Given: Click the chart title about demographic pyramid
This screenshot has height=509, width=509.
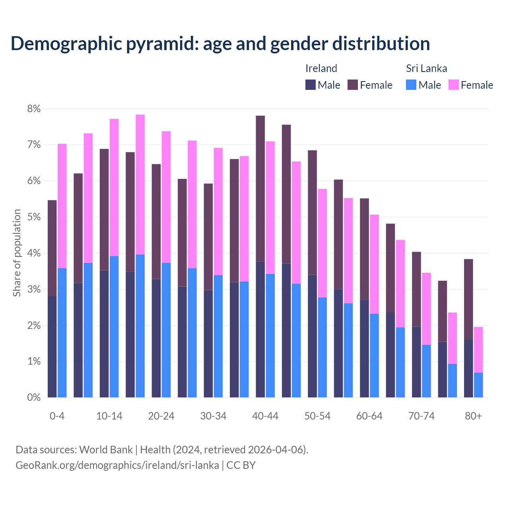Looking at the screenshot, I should pos(220,44).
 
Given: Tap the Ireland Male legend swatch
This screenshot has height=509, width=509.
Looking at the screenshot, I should pos(311,85).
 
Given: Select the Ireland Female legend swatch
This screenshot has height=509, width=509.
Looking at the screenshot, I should pos(353,85).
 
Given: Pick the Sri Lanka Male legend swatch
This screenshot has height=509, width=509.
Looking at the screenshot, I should pos(411,85).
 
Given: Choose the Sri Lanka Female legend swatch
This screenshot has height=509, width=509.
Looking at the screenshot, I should pos(454,85).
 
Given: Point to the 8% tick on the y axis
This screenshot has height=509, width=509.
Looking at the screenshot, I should pos(34,109).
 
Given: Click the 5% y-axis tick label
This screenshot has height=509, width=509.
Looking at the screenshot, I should pos(34,217).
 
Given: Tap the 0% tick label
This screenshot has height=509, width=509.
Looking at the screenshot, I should pos(34,398).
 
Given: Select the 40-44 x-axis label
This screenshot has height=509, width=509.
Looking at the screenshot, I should pos(265,416).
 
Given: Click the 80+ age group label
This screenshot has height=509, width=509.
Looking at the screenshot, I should pos(473,416).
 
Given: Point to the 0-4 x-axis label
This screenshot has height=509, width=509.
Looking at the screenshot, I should pos(57,416).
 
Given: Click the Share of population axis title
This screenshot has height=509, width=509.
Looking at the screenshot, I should pos(17,253).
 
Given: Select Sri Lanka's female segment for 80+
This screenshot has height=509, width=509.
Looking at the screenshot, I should pos(478,350).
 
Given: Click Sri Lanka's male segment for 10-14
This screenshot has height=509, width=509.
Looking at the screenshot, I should pos(114,326).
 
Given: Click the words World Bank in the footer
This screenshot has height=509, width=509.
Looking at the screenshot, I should pos(106,450).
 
